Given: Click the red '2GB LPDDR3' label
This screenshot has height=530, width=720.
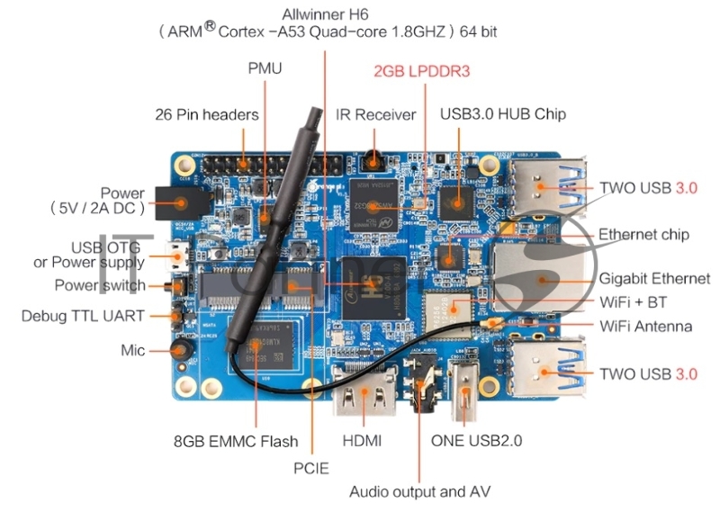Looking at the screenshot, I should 422,70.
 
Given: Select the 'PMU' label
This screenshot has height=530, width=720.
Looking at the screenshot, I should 265,68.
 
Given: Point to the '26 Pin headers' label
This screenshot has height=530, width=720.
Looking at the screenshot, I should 206,114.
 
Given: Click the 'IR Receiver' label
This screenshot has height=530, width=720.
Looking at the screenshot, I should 376,114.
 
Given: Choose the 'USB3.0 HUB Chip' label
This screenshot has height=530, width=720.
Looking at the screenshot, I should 502,114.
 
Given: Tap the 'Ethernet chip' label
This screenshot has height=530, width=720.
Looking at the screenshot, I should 643,234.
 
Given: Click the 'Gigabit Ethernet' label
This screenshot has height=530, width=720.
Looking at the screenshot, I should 654,279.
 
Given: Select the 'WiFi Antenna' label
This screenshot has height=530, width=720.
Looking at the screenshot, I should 645,326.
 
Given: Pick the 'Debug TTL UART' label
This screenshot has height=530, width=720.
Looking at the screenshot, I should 82,317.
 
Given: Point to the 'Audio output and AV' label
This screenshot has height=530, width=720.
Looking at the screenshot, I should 419,491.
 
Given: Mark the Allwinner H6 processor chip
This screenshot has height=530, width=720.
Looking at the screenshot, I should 366,282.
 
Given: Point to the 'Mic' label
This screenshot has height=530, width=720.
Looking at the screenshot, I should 133,349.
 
